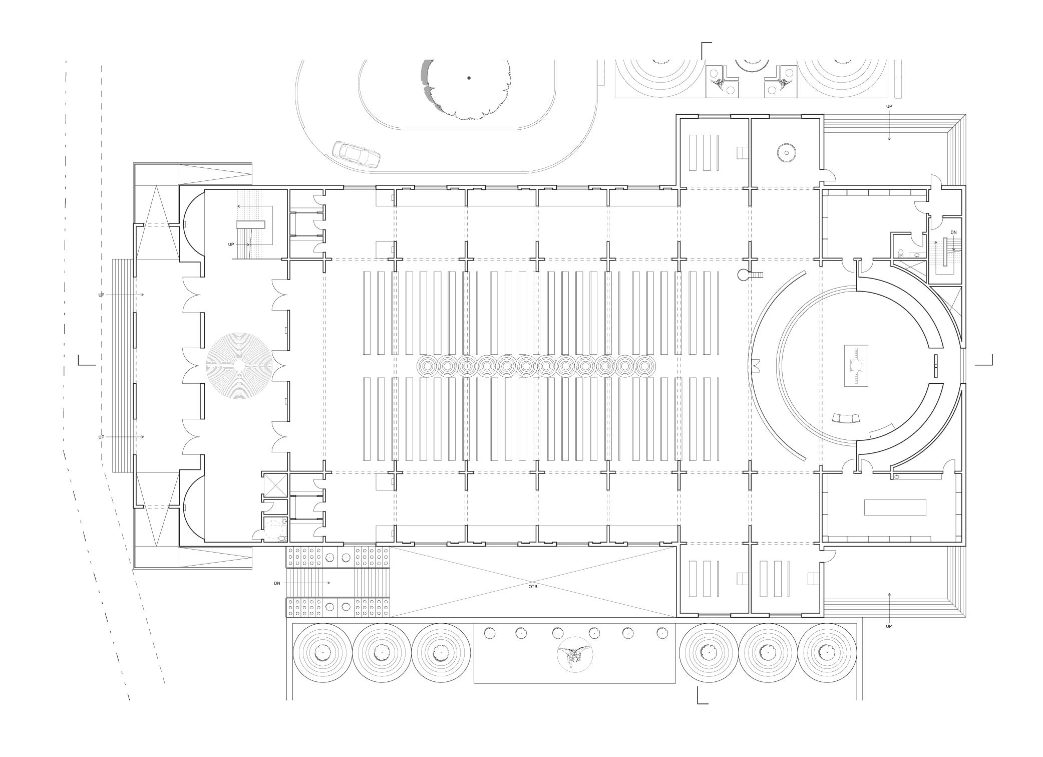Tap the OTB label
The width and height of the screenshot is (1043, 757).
tap(532, 586)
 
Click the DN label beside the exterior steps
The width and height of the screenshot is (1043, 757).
tap(277, 583)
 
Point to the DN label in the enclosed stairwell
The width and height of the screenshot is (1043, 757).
tap(953, 232)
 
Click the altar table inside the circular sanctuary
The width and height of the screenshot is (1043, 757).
tap(856, 366)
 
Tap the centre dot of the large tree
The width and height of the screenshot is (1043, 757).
tap(469, 78)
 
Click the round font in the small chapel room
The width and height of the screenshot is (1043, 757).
tap(786, 153)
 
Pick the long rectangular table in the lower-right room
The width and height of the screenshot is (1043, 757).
tap(895, 507)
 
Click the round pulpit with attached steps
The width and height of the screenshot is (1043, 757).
tap(743, 275)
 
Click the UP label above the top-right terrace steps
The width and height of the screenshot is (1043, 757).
tap(889, 107)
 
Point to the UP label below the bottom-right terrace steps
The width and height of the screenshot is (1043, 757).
tap(889, 626)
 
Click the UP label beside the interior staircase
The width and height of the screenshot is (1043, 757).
tap(231, 244)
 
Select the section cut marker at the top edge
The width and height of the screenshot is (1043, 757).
tap(705, 50)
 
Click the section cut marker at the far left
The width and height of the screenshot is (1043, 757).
tap(86, 361)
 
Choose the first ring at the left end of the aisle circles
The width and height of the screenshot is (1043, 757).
tap(427, 366)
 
